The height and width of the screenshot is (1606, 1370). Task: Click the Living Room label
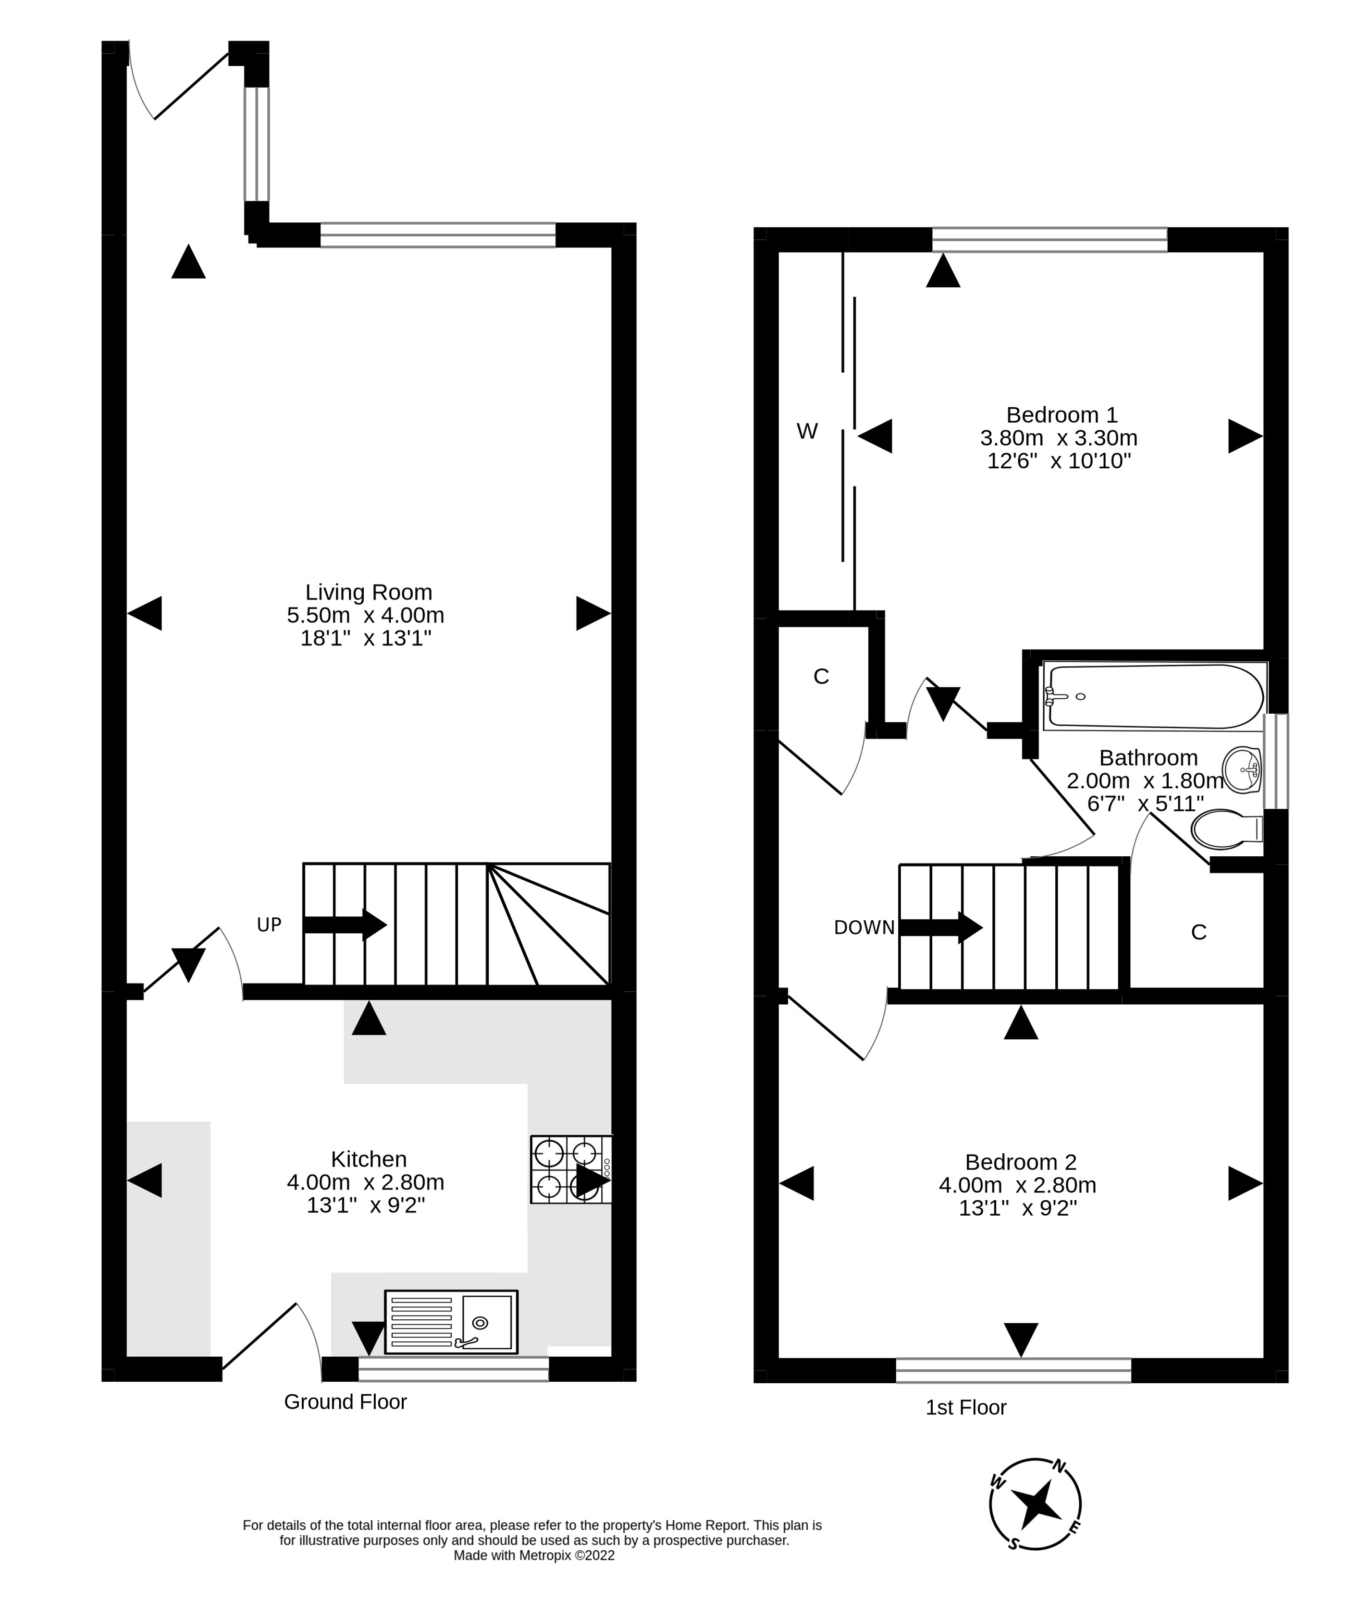[x=368, y=592]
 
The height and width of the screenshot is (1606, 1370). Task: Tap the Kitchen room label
[x=368, y=1159]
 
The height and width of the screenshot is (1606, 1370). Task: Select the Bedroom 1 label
[x=1061, y=414]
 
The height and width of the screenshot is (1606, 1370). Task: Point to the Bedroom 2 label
[x=1020, y=1162]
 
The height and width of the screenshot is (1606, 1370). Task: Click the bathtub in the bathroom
[x=1154, y=696]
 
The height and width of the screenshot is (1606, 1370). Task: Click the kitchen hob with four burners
[x=571, y=1169]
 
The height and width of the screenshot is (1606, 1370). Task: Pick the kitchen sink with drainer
[x=450, y=1322]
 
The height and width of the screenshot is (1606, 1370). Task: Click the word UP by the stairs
[x=269, y=925]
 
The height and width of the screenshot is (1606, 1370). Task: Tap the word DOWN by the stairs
[x=864, y=928]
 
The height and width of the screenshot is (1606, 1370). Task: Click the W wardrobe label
[x=807, y=432]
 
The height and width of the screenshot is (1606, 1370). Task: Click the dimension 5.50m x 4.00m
[x=365, y=615]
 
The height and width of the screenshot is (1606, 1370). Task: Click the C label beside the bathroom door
[x=1198, y=933]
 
